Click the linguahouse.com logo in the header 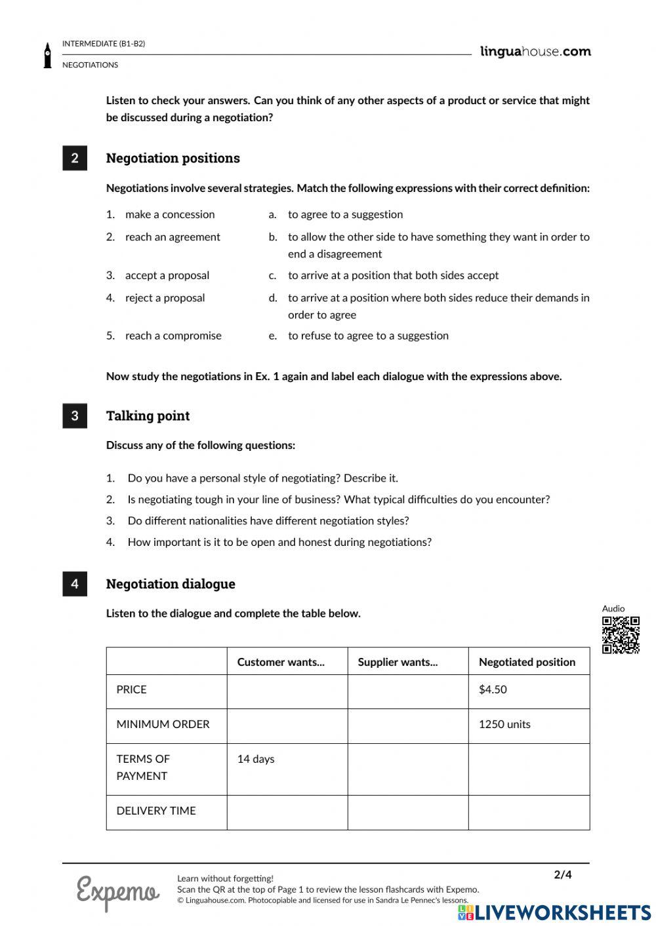535,52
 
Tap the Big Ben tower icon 47,56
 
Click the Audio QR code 621,634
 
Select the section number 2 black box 75,158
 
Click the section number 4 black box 75,584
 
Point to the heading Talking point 148,415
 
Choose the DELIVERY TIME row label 156,811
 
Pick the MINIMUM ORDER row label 163,724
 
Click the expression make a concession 170,214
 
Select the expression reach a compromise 173,336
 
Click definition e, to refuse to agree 368,336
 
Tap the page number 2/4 563,874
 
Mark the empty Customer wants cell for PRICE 287,691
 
